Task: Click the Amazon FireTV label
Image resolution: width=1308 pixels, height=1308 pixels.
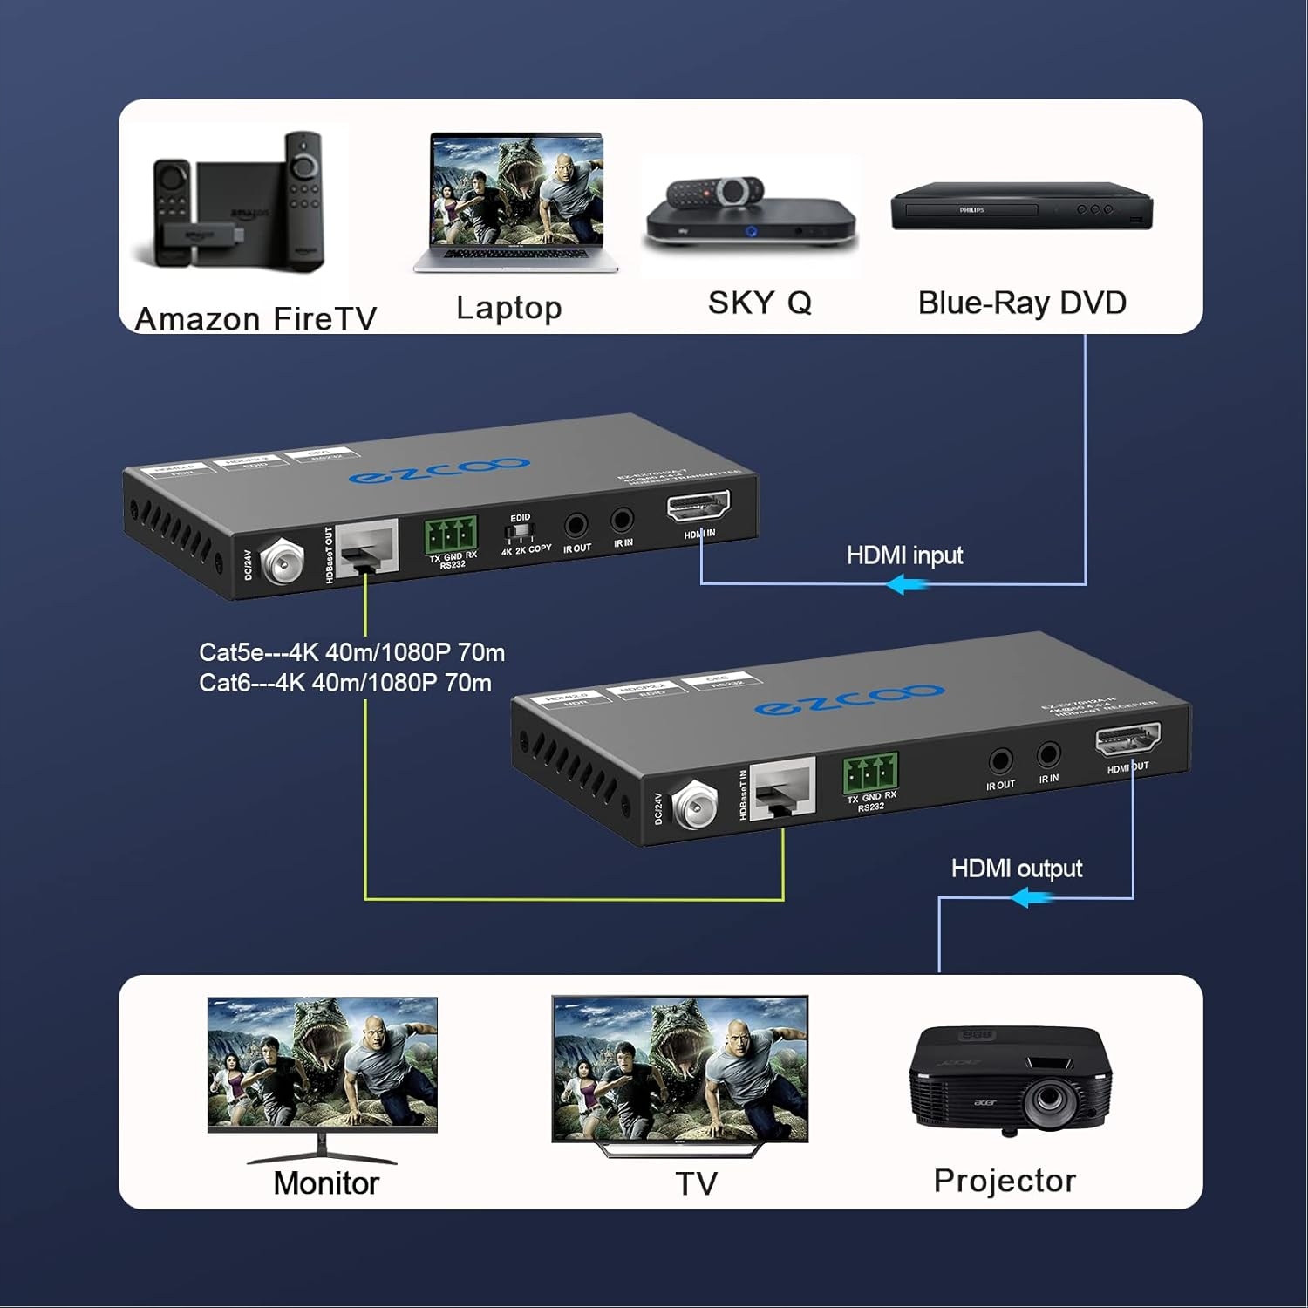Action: [255, 319]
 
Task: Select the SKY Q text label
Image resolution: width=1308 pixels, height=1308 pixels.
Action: [760, 303]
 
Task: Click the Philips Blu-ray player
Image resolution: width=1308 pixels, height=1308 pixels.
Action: [1021, 207]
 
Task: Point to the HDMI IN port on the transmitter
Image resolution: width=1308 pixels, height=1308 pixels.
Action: [698, 507]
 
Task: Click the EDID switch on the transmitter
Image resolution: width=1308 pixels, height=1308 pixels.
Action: [520, 530]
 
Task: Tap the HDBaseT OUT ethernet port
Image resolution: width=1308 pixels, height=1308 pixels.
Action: [367, 548]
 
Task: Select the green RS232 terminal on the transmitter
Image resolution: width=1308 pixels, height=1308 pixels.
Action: [451, 534]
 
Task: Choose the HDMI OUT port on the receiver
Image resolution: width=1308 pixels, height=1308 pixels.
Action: [1127, 741]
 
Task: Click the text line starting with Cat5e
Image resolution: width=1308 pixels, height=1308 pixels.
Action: [351, 652]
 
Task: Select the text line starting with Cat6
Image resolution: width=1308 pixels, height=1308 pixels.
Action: [344, 682]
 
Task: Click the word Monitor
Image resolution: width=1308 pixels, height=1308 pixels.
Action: [326, 1183]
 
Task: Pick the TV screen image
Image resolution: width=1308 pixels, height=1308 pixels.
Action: [679, 1067]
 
